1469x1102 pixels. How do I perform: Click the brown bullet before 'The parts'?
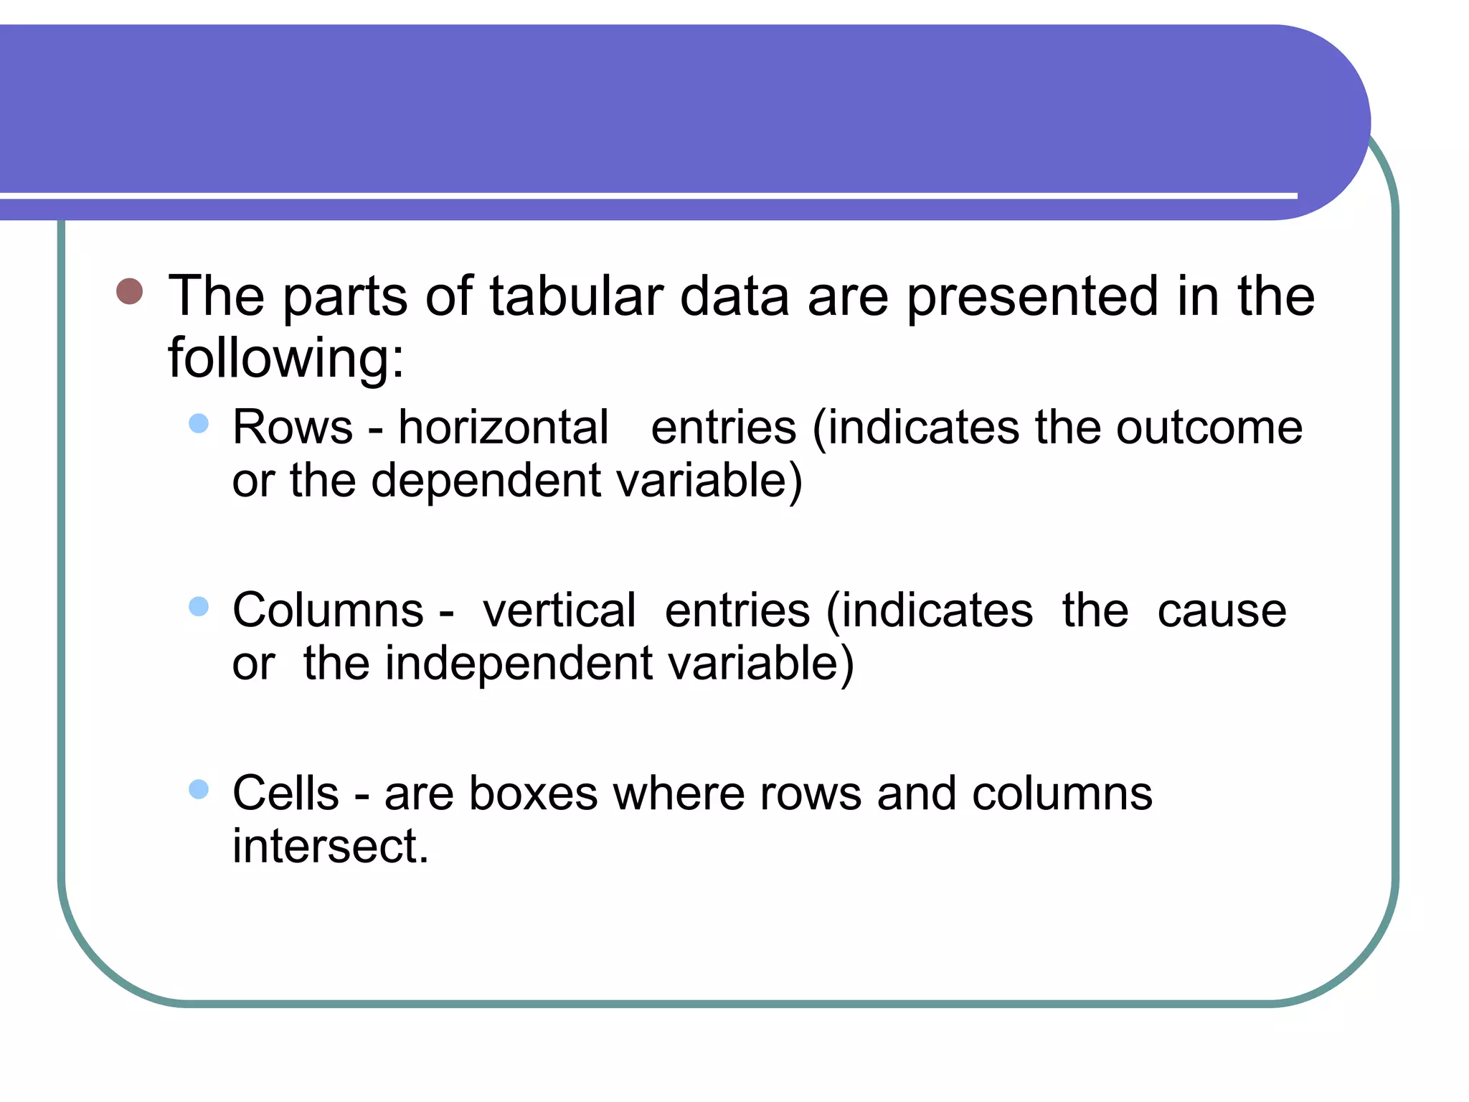(x=130, y=291)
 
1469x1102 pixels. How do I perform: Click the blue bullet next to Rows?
(x=199, y=423)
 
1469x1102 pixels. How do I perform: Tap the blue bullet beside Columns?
(x=199, y=607)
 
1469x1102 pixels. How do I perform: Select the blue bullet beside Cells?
(x=199, y=790)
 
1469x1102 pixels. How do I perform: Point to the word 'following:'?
(x=286, y=357)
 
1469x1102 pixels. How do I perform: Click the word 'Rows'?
(x=293, y=428)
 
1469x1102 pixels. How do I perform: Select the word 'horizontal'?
(x=504, y=428)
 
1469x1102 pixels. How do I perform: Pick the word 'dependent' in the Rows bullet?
(x=486, y=481)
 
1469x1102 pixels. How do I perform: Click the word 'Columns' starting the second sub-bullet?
(x=329, y=611)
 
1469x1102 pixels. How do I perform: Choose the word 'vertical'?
(x=559, y=611)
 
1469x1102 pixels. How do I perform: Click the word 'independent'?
(x=519, y=664)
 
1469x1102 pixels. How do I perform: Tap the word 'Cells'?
(x=285, y=793)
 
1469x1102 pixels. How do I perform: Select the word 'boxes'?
(x=533, y=793)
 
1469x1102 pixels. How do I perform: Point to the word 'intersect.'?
(x=331, y=847)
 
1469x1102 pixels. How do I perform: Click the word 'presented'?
(x=1032, y=297)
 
